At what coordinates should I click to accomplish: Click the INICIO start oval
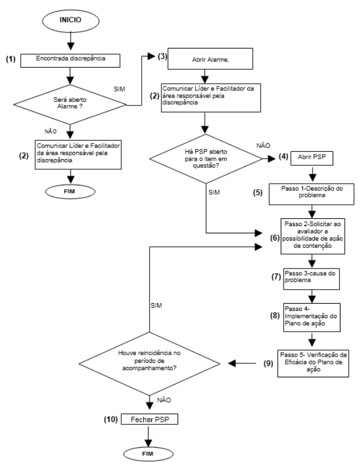point(70,20)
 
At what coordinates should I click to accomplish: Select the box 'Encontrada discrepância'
point(70,60)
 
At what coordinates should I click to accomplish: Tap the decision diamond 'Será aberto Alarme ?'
point(70,104)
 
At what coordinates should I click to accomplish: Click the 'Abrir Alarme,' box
point(210,59)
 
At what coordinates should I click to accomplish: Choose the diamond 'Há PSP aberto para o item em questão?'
point(206,159)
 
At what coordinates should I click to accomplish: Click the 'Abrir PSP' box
point(311,159)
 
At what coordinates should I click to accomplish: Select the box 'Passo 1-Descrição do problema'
point(311,194)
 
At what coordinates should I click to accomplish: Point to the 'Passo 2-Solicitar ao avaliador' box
point(313,236)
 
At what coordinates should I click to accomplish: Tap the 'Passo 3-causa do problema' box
point(311,279)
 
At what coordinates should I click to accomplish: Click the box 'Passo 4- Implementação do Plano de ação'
point(311,317)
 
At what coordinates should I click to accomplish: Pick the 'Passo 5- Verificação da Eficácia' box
point(313,363)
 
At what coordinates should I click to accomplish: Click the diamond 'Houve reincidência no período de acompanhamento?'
point(150,363)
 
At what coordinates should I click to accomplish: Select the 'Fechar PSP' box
point(150,419)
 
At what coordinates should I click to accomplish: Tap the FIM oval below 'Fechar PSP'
point(148,454)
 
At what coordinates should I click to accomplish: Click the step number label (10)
point(111,420)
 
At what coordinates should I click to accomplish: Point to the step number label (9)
point(268,363)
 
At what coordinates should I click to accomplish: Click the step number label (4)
point(284,156)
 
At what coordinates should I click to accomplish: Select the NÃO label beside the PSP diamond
point(263,146)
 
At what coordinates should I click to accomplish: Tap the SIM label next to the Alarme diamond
point(119,89)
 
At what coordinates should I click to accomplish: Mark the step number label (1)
point(11,59)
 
